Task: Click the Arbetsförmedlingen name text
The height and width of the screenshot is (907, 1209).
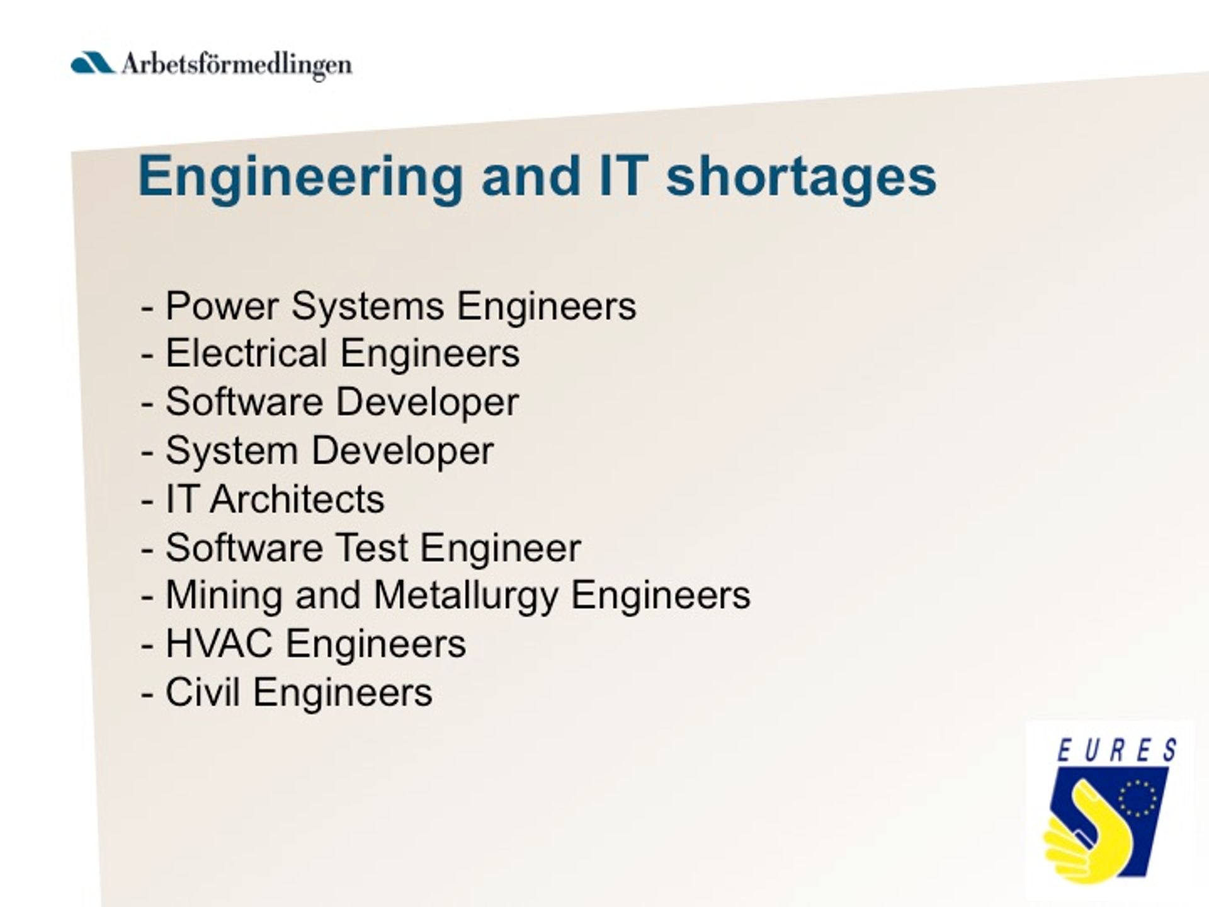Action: [x=237, y=65]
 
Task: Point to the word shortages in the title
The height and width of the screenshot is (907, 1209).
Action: [x=802, y=177]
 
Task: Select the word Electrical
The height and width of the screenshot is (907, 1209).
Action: [x=246, y=353]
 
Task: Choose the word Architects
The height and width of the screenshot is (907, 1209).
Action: [x=297, y=499]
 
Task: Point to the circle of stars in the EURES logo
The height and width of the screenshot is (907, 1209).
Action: [x=1137, y=799]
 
